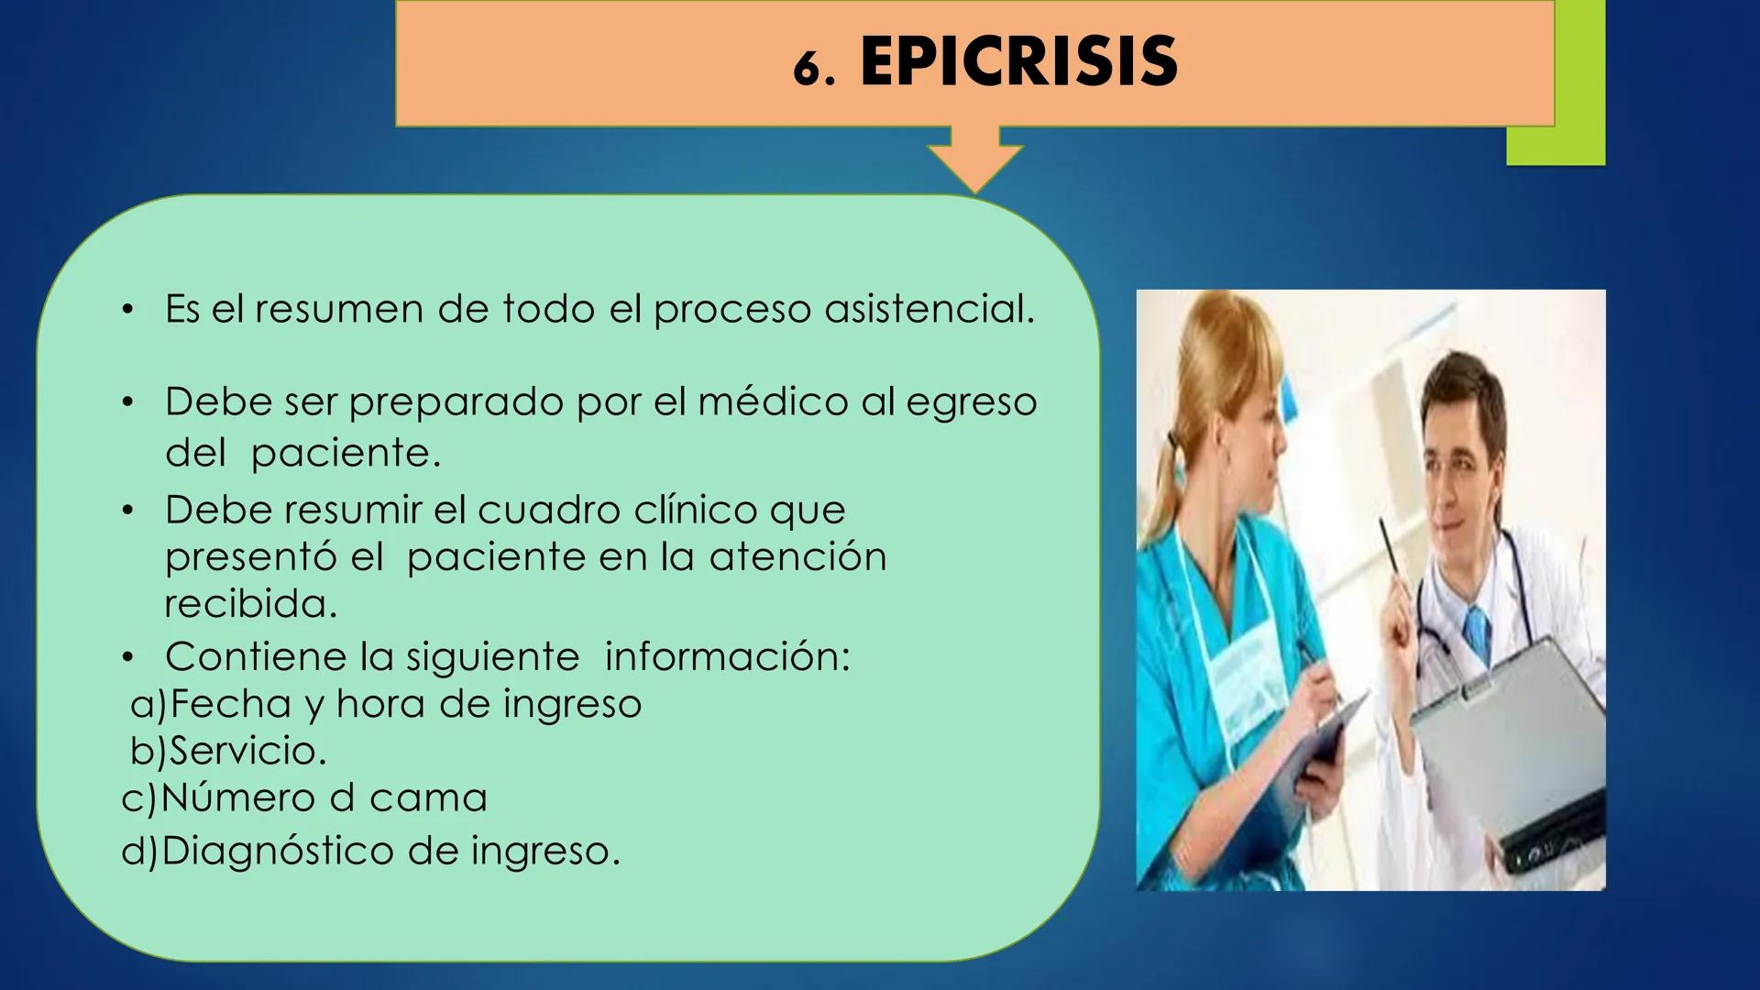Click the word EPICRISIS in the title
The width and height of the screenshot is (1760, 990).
point(1018,61)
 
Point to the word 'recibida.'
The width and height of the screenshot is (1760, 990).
point(250,604)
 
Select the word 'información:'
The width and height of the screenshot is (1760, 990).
point(727,657)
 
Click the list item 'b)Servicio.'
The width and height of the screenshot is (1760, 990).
point(229,752)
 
